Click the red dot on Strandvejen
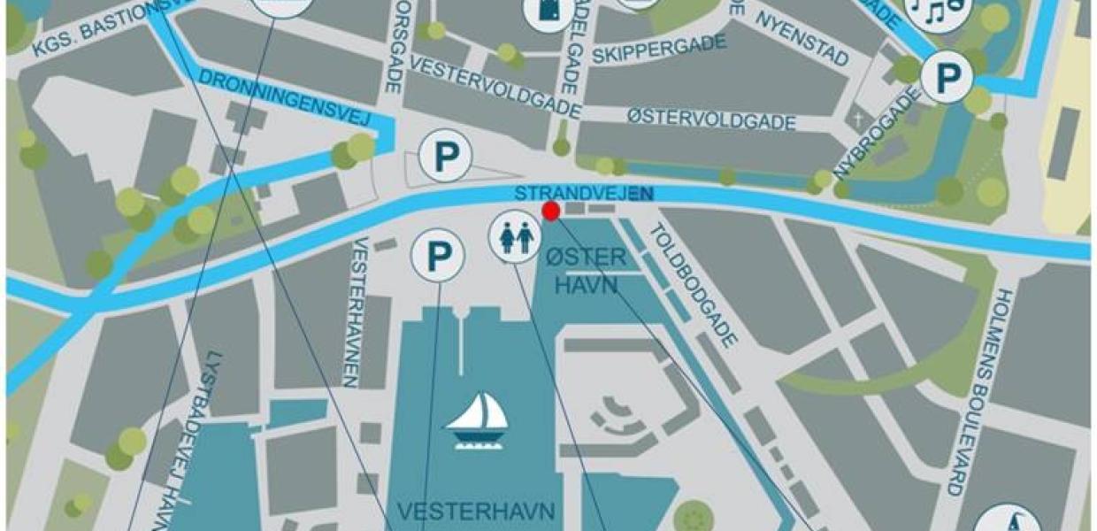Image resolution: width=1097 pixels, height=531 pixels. click(x=551, y=211)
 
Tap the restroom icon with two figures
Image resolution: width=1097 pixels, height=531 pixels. click(x=515, y=240)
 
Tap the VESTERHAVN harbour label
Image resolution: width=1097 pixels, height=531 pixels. click(x=476, y=512)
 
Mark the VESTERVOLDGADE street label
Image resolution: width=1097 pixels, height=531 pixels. click(x=495, y=89)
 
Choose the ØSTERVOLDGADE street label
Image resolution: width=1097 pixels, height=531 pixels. click(x=711, y=119)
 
